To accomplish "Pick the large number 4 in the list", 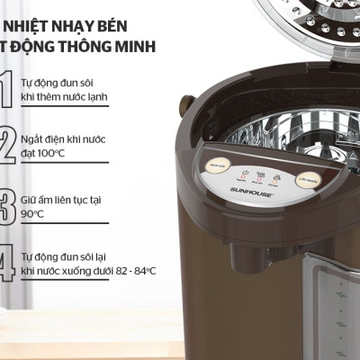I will (9, 264).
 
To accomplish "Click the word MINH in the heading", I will (131, 46).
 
